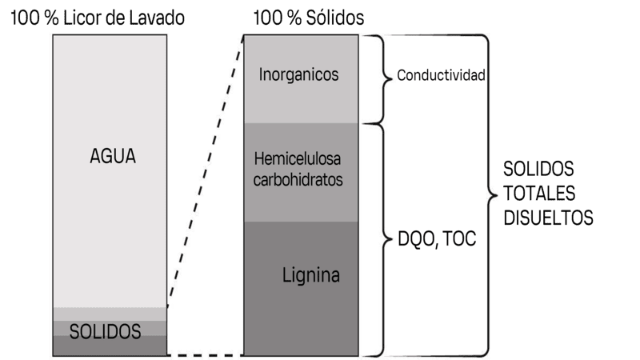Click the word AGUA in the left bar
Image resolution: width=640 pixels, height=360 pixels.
tap(113, 157)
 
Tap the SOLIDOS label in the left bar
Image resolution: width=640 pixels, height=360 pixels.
tap(107, 330)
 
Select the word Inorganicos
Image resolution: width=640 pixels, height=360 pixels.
tap(299, 75)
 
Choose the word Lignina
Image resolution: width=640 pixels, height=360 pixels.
tap(311, 276)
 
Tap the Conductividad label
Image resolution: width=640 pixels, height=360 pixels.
tap(442, 77)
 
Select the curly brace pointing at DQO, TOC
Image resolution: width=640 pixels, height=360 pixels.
tap(378, 238)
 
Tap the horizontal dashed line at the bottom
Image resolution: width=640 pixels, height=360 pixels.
tap(205, 354)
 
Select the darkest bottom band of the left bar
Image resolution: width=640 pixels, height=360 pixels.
tap(108, 346)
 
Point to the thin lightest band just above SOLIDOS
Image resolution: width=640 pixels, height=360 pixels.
tap(108, 314)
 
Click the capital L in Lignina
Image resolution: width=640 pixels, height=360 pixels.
tap(286, 276)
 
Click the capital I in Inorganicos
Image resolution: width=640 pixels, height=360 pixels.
tap(262, 75)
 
